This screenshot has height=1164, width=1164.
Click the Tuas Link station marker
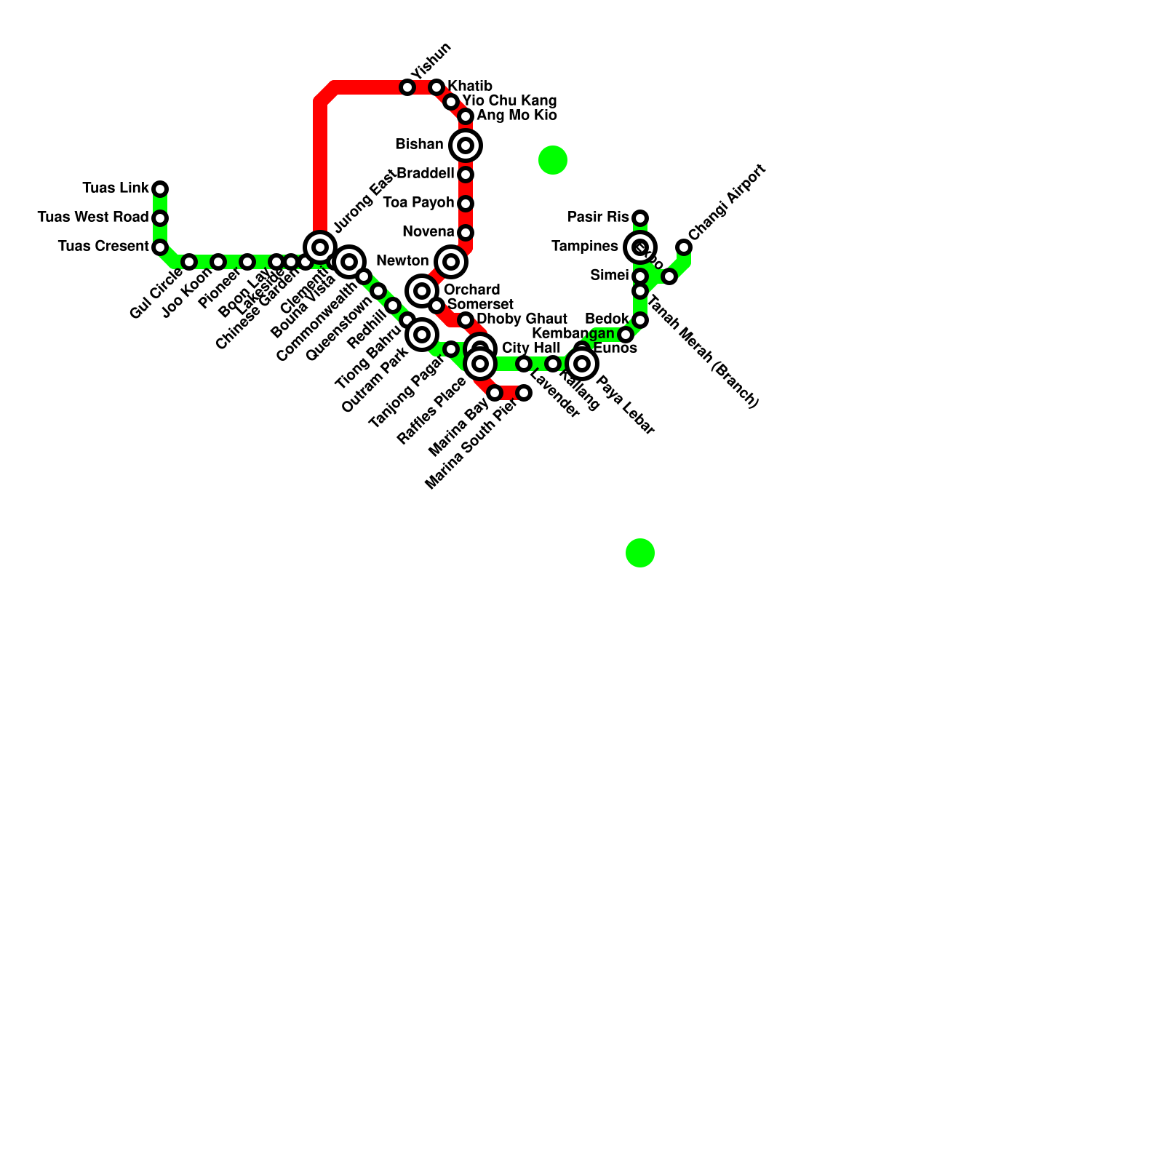pyautogui.click(x=160, y=189)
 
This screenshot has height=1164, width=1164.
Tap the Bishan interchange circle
pyautogui.click(x=466, y=145)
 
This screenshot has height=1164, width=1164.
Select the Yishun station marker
pyautogui.click(x=407, y=87)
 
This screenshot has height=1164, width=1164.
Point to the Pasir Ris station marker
pyautogui.click(x=640, y=218)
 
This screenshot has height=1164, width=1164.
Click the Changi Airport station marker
pyautogui.click(x=684, y=247)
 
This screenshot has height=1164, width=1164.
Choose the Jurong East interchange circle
pyautogui.click(x=320, y=247)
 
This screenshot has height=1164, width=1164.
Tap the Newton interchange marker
pyautogui.click(x=451, y=262)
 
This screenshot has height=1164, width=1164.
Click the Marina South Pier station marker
pyautogui.click(x=524, y=393)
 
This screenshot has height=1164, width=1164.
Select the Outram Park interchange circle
pyautogui.click(x=422, y=335)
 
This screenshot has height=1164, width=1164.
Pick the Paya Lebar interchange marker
pyautogui.click(x=582, y=364)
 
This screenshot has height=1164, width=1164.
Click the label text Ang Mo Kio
pyautogui.click(x=517, y=116)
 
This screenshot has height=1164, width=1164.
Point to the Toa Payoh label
pyautogui.click(x=418, y=203)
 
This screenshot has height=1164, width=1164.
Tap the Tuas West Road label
pyautogui.click(x=92, y=218)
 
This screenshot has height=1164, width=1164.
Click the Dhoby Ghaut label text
pyautogui.click(x=522, y=319)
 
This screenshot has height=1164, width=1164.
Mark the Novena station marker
pyautogui.click(x=466, y=233)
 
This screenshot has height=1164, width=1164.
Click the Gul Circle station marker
pyautogui.click(x=189, y=262)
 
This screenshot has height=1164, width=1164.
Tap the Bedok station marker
pyautogui.click(x=640, y=320)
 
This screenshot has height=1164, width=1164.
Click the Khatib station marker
pyautogui.click(x=436, y=87)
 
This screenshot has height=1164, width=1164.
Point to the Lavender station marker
pyautogui.click(x=524, y=364)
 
